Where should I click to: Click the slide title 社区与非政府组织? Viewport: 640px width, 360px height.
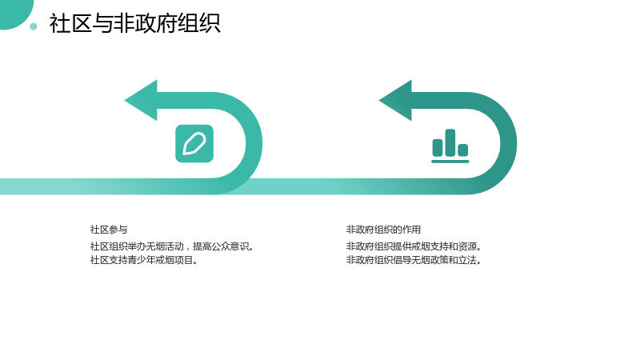coord(134,23)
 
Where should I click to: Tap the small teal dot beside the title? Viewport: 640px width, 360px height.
coord(34,26)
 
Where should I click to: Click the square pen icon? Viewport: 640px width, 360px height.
coord(194,144)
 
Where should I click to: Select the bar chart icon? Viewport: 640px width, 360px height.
coord(450,146)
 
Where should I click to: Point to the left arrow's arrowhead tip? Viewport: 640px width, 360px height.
coord(125,101)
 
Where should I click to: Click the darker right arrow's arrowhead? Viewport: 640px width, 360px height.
coord(395,101)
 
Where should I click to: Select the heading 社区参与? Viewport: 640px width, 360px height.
coord(109,230)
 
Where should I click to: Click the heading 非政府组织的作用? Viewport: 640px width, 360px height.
coord(383,230)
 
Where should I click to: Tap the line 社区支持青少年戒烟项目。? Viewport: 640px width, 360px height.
coord(144,260)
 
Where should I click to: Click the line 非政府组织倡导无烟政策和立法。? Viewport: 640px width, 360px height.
coord(414,260)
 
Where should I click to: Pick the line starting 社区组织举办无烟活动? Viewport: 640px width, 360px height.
coord(172,246)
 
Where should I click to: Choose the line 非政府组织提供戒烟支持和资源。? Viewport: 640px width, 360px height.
coord(414,246)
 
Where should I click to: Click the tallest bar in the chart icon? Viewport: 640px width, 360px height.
coord(450,143)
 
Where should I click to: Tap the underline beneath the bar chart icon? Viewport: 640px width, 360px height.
coord(450,162)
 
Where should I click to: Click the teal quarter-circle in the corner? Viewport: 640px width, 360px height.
coord(14,12)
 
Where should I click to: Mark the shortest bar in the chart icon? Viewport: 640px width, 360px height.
coord(463,150)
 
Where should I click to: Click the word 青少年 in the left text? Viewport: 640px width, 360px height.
coord(142,260)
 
